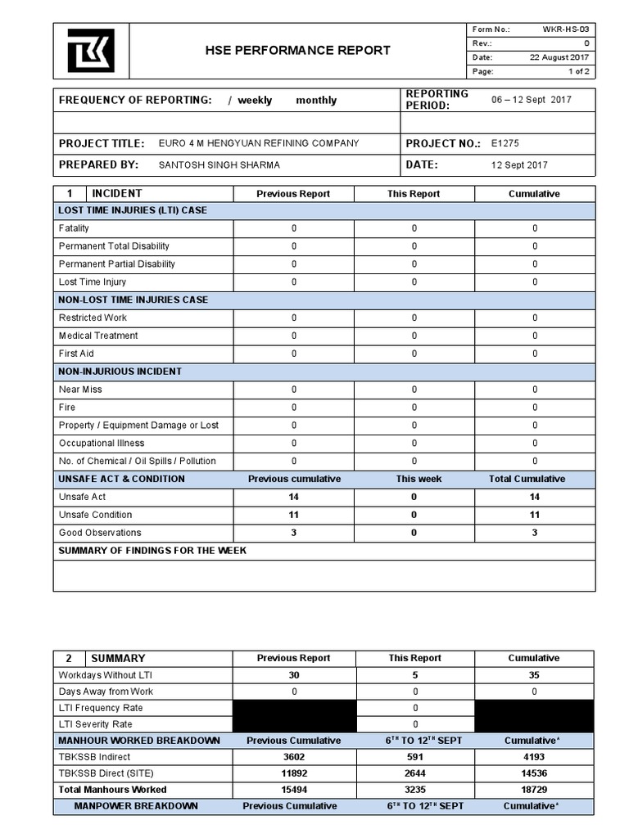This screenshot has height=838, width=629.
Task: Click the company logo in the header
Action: pos(90,51)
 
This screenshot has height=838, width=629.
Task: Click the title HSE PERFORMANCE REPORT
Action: pos(297,51)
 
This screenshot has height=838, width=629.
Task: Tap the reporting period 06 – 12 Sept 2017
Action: pos(532,100)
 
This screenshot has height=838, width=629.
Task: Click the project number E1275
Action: pos(505,143)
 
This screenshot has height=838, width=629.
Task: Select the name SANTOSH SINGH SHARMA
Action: pos(219,164)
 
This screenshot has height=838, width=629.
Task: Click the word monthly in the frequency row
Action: pos(316,101)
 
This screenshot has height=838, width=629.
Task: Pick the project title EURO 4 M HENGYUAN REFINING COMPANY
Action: pos(259,143)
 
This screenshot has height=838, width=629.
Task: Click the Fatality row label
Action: pos(75,228)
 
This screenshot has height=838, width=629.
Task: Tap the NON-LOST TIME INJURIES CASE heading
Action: pos(133,300)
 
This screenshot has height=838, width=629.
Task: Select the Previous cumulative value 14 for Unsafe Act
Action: pos(293,497)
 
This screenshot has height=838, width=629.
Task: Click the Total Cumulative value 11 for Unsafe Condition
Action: pos(535,515)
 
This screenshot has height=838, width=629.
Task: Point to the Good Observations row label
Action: pos(100,533)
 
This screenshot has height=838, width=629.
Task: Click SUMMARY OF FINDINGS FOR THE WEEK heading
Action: pos(152,551)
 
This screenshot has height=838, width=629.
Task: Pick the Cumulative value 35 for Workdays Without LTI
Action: pos(534,675)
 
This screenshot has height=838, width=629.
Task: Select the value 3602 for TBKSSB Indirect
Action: pos(293,757)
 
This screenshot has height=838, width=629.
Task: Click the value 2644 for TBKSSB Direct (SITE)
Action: pos(414,773)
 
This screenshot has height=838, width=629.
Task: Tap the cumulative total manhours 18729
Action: pos(534,790)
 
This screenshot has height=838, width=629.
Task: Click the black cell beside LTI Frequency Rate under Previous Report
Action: pos(294,708)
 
